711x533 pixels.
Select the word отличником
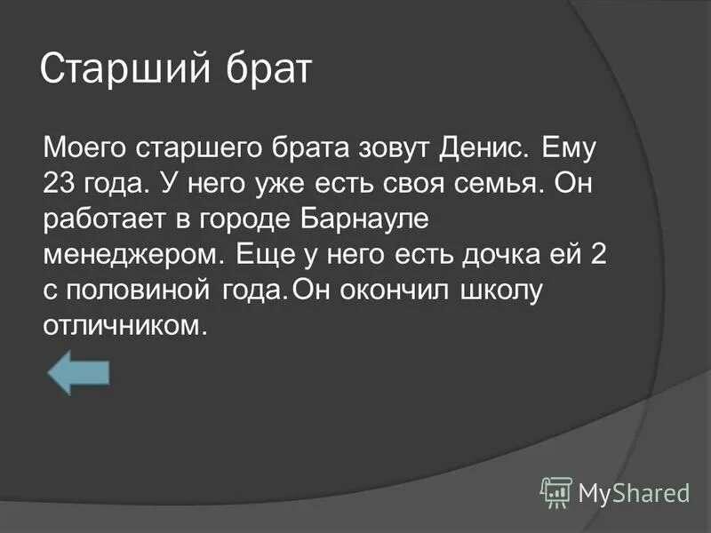pos(125,327)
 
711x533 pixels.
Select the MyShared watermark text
pos(634,492)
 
